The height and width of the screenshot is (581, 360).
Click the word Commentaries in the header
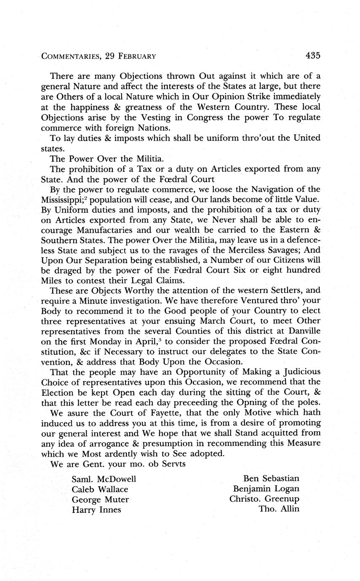click(71, 56)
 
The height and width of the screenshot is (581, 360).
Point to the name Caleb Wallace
click(100, 490)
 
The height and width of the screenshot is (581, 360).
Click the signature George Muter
click(100, 500)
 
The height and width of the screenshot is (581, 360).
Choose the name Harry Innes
click(96, 510)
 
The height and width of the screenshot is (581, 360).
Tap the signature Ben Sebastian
click(271, 479)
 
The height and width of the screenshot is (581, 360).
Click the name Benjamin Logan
click(266, 489)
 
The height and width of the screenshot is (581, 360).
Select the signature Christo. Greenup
click(264, 500)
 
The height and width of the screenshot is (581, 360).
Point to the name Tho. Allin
click(279, 510)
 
